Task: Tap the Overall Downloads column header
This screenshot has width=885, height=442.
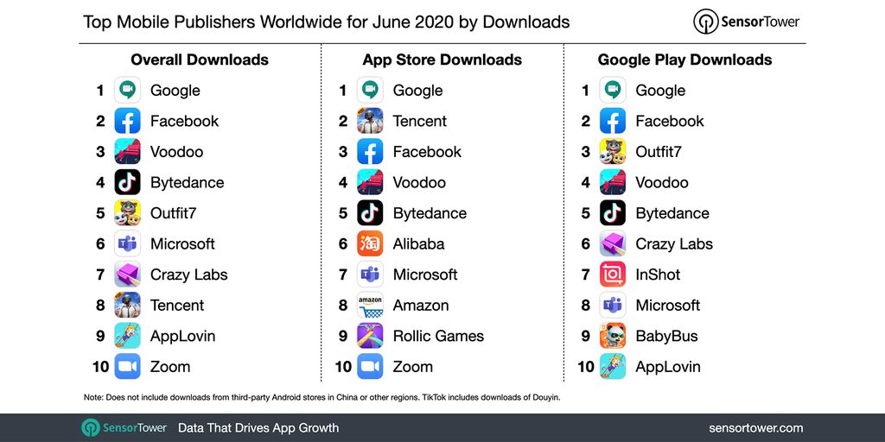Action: pos(200,60)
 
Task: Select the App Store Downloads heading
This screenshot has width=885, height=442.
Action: pos(442,60)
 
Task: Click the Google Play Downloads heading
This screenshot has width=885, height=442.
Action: pos(684,60)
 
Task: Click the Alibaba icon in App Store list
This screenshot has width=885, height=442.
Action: pos(370,243)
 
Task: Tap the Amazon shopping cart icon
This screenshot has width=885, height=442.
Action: pos(370,306)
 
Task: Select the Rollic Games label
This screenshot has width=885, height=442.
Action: pos(438,336)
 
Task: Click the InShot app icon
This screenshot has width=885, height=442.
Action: pos(613,275)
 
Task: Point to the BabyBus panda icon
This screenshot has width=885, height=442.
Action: pos(613,336)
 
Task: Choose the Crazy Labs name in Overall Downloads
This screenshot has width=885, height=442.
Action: pos(188,275)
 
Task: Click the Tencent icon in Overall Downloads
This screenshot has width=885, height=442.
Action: pos(127,306)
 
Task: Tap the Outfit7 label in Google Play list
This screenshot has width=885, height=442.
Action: pos(659,152)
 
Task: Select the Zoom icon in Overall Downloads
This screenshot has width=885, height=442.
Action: pos(127,367)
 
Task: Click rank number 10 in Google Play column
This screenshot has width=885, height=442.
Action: pos(586,367)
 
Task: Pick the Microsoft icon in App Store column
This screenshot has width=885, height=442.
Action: pos(370,275)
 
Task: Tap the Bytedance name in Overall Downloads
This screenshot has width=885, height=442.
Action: pos(187,182)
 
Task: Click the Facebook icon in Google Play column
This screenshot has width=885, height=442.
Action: pos(613,121)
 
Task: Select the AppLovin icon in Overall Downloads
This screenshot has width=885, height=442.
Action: pos(127,336)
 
